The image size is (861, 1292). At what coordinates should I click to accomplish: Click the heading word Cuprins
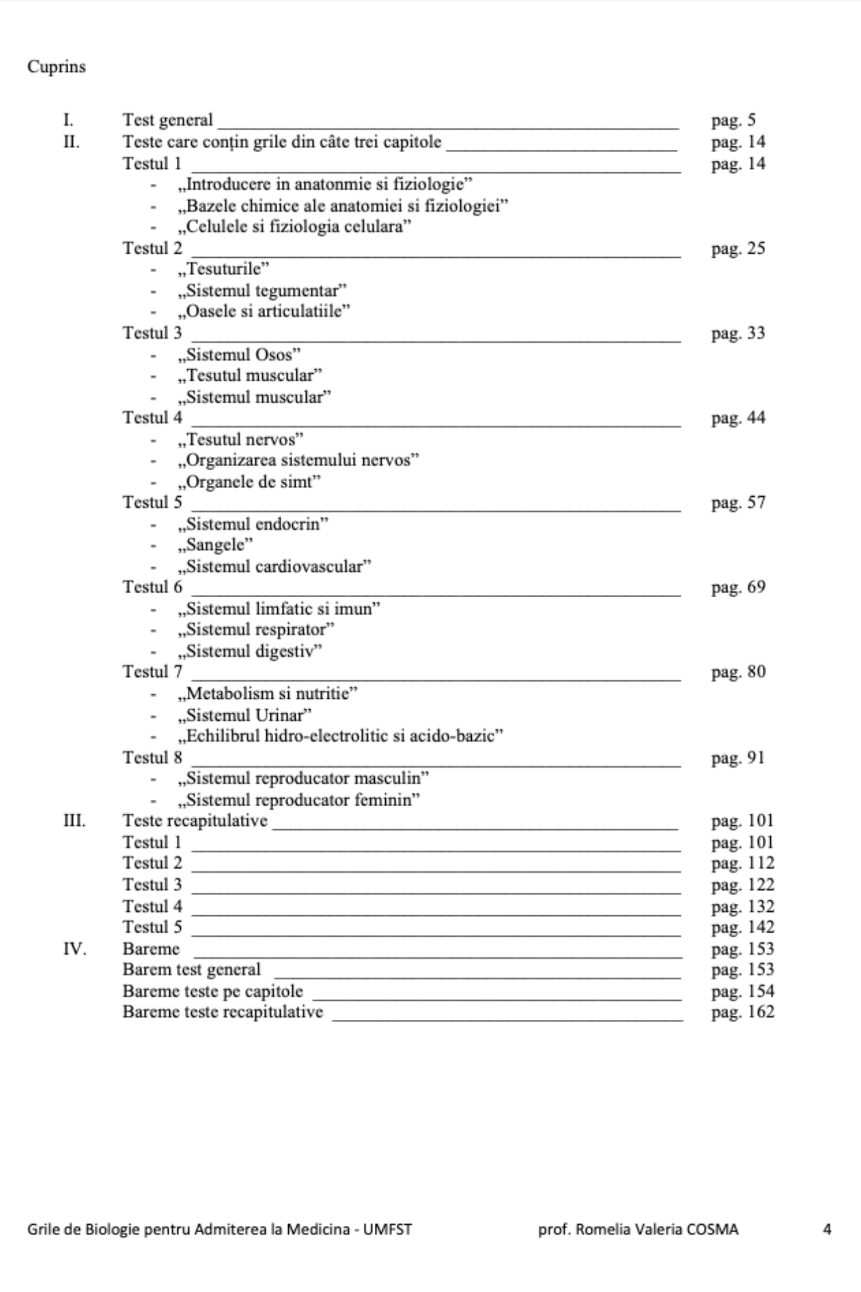[56, 67]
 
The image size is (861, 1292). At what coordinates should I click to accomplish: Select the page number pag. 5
[734, 121]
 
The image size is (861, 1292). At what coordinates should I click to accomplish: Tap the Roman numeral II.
[71, 142]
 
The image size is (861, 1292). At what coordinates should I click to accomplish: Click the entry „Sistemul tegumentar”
[262, 291]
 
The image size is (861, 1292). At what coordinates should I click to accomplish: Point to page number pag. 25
[738, 249]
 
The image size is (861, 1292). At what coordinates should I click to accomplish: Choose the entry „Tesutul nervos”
[241, 439]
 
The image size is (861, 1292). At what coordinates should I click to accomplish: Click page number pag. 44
[738, 418]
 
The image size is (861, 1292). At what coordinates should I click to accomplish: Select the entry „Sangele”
[215, 544]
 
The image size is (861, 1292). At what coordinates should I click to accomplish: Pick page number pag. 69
[738, 587]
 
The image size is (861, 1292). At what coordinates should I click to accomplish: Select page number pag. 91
[738, 758]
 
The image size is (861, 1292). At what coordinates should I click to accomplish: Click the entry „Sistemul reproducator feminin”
[299, 800]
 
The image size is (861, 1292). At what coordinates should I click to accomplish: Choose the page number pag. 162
[743, 1012]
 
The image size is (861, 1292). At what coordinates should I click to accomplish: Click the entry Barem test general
[192, 970]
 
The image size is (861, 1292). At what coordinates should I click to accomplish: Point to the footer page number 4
[827, 1229]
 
